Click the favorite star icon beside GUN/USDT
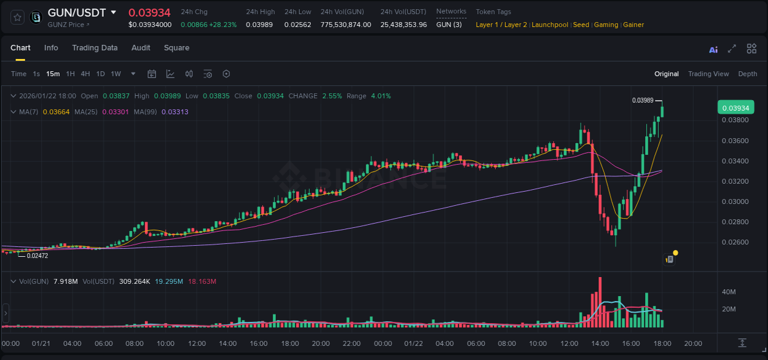[x=18, y=17]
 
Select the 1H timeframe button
[x=71, y=74]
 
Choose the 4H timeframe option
[x=85, y=74]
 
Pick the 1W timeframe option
[x=116, y=74]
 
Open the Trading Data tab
[x=95, y=48]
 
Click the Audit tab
[x=141, y=48]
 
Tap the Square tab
[x=176, y=48]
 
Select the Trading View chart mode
[x=708, y=74]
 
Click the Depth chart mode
[x=748, y=74]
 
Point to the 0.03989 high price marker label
[x=643, y=100]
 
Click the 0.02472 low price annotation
[x=37, y=256]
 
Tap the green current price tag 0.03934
[x=735, y=108]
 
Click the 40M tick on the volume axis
[x=729, y=292]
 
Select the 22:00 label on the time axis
[x=351, y=343]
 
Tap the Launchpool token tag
[x=550, y=25]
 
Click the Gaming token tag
[x=606, y=25]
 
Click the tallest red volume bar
[x=600, y=303]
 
